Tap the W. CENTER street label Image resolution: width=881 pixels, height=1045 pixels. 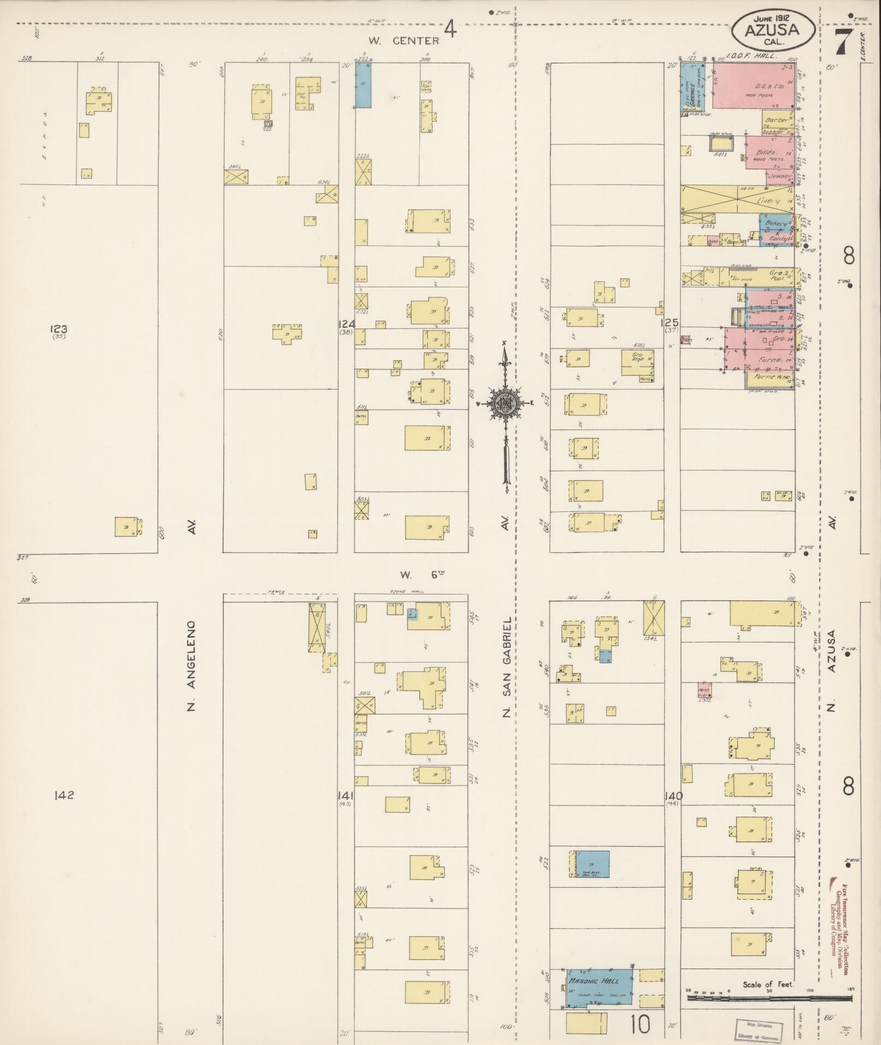coord(403,40)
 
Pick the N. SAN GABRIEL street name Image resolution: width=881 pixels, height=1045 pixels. coord(507,666)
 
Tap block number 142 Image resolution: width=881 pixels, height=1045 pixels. coord(64,795)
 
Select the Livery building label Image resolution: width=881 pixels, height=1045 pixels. coord(767,201)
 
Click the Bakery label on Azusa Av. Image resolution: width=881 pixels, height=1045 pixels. coord(777,223)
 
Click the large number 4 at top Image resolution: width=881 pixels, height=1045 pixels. coord(450,28)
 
